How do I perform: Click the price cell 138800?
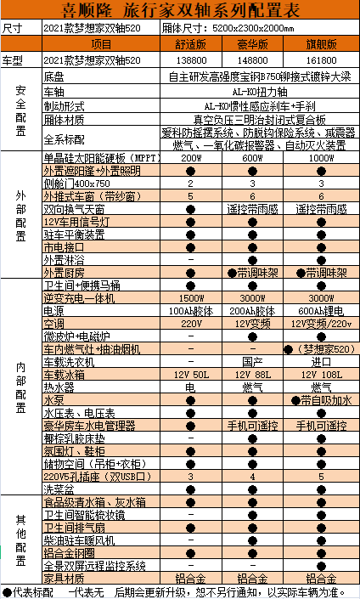point(191,61)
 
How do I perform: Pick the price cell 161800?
point(321,61)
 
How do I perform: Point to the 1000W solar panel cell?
point(321,159)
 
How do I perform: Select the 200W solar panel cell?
point(191,159)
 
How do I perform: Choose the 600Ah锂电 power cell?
point(321,312)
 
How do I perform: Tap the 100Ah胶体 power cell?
point(191,312)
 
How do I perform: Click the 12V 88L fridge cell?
point(255,373)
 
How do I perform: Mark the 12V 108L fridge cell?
point(321,373)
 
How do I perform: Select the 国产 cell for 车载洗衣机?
point(255,361)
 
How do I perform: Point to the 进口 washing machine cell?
point(321,361)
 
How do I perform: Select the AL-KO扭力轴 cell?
point(255,89)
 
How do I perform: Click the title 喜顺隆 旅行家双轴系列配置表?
point(181,11)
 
